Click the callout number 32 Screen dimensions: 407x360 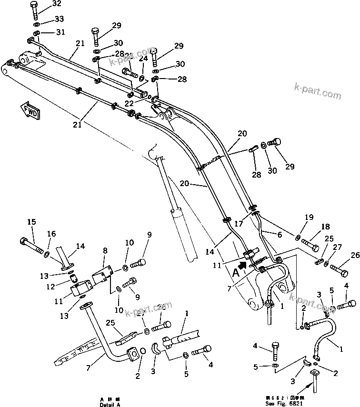56,4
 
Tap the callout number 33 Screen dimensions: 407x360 58,19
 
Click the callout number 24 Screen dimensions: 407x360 143,60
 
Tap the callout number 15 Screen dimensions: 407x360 31,222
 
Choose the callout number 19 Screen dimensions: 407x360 309,217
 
